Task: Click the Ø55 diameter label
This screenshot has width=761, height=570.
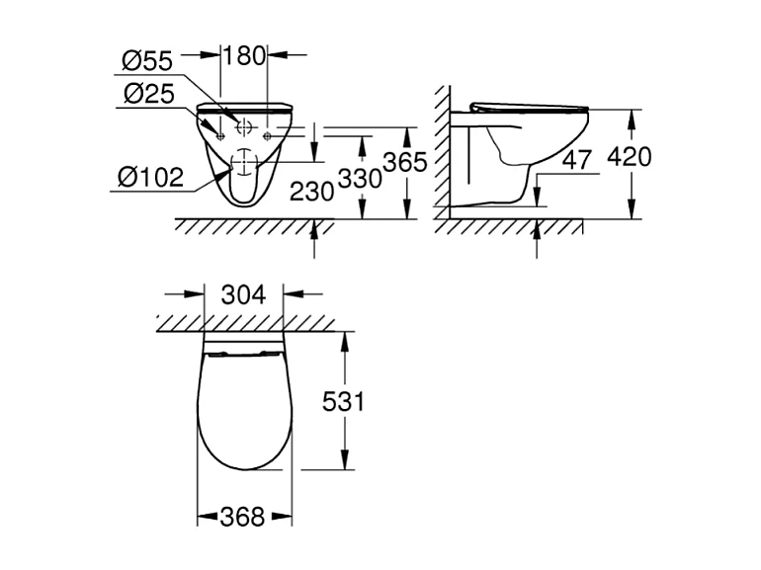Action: click(x=147, y=62)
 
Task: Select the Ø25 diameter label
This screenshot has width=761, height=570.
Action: click(x=147, y=95)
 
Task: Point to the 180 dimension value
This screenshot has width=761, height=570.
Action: click(x=244, y=56)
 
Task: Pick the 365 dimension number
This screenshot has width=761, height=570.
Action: click(x=405, y=161)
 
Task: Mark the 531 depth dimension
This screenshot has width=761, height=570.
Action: click(x=343, y=402)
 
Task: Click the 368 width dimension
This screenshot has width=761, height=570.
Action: click(x=243, y=516)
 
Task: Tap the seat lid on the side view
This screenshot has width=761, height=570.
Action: click(x=529, y=107)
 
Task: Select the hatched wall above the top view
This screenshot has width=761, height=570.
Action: click(x=243, y=322)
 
